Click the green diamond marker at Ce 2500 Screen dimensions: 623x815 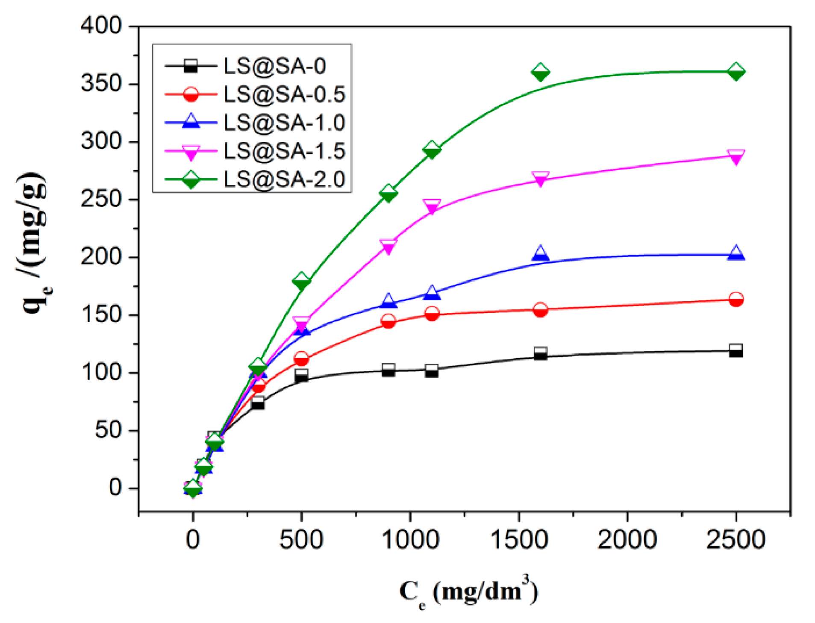[735, 71]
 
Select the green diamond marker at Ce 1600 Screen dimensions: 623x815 [540, 72]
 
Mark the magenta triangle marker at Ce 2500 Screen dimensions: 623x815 [735, 156]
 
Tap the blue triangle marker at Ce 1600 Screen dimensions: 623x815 [540, 253]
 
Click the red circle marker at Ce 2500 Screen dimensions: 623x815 [735, 299]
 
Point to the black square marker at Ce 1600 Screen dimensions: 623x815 [540, 353]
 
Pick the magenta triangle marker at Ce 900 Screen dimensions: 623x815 [388, 246]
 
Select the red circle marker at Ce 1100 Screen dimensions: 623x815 [432, 313]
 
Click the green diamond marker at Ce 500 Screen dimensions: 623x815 [301, 281]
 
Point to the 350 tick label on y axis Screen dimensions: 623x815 [101, 84]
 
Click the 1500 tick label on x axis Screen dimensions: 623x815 [519, 539]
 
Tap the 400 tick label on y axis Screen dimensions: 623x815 [101, 26]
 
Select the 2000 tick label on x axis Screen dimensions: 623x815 [627, 539]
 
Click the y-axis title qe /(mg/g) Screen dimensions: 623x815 [34, 244]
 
